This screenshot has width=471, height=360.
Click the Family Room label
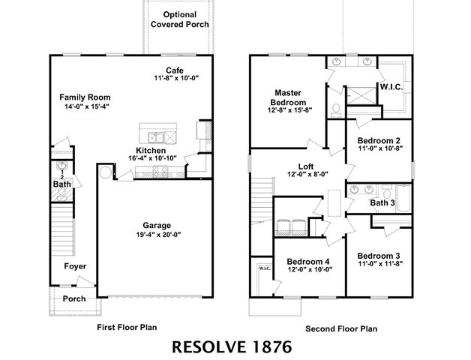click(x=85, y=97)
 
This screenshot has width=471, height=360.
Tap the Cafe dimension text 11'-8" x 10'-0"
click(x=175, y=79)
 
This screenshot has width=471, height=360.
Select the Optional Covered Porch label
click(x=179, y=19)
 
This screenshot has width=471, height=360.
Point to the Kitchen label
click(x=151, y=149)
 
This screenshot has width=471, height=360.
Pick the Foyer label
click(x=74, y=266)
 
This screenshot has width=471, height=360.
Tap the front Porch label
click(x=73, y=298)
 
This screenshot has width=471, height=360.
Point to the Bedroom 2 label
click(x=378, y=140)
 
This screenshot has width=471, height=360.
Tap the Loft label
click(x=304, y=166)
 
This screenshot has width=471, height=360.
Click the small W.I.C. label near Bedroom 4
click(x=264, y=268)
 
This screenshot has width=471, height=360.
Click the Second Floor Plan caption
click(x=341, y=328)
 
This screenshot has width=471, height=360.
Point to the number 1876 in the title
click(x=265, y=347)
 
